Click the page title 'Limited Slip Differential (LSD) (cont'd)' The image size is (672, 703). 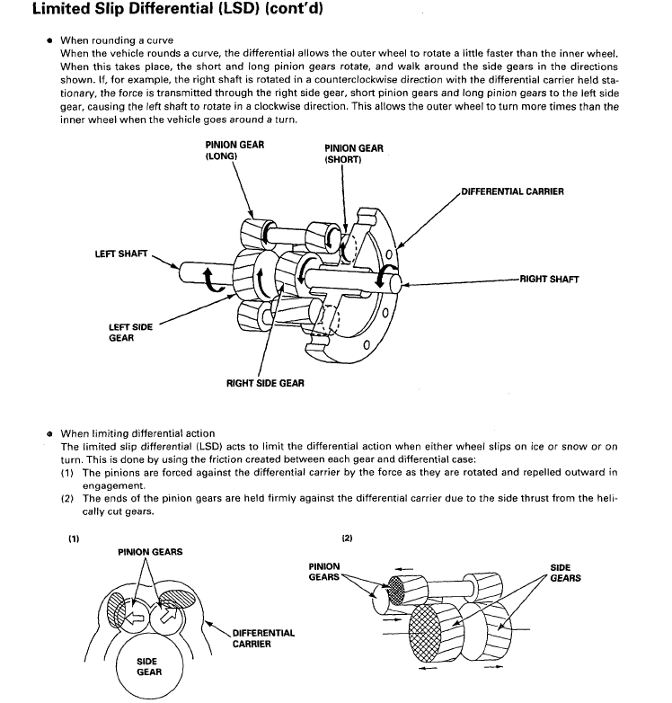click(178, 8)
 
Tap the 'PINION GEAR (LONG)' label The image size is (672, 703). click(234, 150)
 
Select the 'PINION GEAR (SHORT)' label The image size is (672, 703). click(353, 154)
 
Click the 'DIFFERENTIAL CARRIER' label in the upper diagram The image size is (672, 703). click(512, 191)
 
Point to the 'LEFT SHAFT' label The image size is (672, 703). click(121, 254)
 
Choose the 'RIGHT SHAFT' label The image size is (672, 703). click(549, 280)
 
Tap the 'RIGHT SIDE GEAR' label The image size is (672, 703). click(265, 383)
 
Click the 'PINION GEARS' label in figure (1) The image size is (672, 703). click(150, 552)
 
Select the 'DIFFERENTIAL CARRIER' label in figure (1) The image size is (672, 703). click(263, 638)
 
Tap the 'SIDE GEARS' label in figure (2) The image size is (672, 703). click(565, 573)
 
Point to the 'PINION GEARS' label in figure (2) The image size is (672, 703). click(324, 572)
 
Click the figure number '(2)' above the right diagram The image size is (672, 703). click(347, 538)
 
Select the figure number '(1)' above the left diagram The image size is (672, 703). click(74, 538)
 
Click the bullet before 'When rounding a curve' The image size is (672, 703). click(49, 40)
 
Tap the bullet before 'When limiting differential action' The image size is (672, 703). click(49, 434)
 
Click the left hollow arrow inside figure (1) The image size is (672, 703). click(135, 618)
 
